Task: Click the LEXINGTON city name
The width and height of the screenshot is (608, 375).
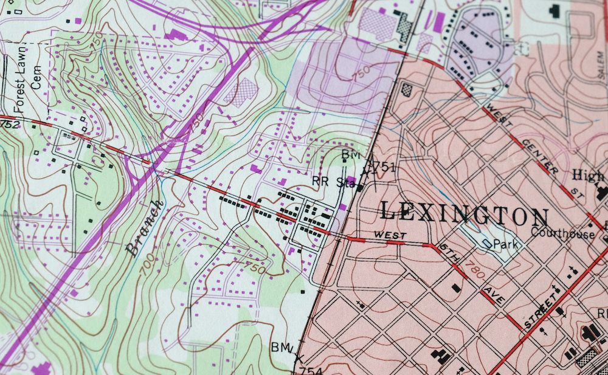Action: tap(464, 213)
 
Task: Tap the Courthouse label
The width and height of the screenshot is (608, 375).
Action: tap(562, 233)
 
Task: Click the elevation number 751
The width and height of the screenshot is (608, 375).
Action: tap(384, 167)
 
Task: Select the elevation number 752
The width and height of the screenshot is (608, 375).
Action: tap(9, 125)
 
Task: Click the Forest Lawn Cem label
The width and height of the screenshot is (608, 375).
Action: tap(27, 77)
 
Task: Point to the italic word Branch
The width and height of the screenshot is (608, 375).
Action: tap(145, 227)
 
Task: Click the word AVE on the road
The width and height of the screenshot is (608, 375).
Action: tap(490, 297)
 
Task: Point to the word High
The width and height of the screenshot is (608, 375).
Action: tap(587, 176)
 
